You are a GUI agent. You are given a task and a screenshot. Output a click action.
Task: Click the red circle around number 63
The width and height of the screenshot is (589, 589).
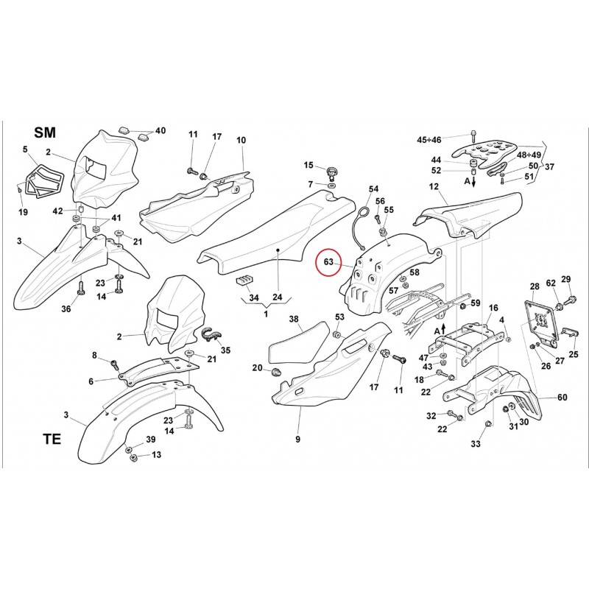[329, 263]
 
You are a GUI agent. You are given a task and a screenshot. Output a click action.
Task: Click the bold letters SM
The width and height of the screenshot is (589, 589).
[45, 133]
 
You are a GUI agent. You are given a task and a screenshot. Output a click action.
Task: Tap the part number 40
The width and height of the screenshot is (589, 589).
[161, 131]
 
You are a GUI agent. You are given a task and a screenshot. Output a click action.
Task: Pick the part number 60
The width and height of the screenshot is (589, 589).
[562, 398]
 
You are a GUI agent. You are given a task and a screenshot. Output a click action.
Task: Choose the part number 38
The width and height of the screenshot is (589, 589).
[294, 320]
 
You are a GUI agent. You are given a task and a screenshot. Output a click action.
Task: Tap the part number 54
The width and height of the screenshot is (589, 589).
[373, 189]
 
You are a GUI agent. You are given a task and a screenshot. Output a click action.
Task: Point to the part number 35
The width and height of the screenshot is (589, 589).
[225, 350]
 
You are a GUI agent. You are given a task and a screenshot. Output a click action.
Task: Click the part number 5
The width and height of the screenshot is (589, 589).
[25, 149]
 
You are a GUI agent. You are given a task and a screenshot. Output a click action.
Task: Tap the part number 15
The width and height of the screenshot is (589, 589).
[308, 165]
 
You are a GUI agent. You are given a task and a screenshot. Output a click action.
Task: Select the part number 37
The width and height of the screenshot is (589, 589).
[550, 167]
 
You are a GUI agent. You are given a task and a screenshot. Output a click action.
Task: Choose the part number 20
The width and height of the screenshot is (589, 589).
[257, 368]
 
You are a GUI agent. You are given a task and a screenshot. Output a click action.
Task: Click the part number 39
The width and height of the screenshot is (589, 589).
[150, 440]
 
